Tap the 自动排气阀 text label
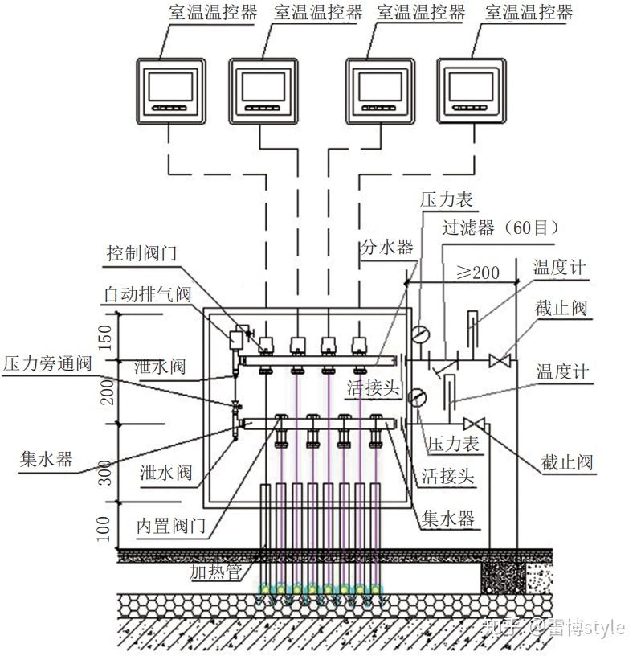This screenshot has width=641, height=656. [147, 294]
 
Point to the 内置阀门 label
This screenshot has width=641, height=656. [173, 527]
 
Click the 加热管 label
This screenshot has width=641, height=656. [216, 572]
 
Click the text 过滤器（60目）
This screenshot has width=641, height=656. [500, 228]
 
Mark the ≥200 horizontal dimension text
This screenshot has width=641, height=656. [478, 272]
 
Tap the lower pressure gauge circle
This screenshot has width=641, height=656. [417, 396]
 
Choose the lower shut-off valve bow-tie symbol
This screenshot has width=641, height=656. [473, 424]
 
